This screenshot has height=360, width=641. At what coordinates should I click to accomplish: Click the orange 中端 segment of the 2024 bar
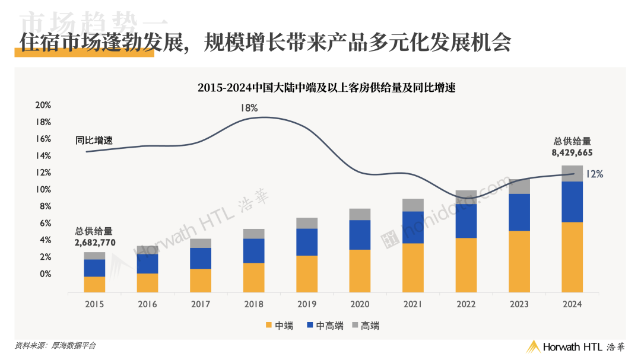point(572,257)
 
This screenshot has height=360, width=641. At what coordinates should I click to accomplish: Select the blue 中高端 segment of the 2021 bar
point(413,228)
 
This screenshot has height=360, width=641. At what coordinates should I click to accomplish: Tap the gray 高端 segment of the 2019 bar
point(307,223)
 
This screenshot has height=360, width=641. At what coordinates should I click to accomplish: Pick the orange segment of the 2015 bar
point(94,285)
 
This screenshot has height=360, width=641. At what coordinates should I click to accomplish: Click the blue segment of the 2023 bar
point(519,212)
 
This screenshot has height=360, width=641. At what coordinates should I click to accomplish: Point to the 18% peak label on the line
point(249,108)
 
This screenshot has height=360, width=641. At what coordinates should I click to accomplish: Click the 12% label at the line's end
point(594,174)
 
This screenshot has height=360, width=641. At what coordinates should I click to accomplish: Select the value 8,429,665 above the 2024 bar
point(572,153)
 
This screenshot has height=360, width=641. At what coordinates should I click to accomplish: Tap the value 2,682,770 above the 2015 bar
point(95,243)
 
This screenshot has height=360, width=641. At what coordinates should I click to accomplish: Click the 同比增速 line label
point(94,141)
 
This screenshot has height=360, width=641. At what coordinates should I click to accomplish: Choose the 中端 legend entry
point(280,326)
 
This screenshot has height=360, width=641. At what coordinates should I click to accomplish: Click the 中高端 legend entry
point(325,326)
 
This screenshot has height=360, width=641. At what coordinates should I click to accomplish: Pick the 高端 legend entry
point(366,326)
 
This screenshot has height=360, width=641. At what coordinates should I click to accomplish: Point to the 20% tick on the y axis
point(43,105)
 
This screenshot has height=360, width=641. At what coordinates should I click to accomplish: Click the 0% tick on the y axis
point(45,274)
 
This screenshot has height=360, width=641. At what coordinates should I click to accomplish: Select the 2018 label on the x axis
point(253,304)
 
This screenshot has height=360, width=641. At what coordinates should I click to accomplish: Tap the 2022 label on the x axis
point(466,304)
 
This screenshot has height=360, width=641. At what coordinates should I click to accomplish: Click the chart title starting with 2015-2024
point(326,88)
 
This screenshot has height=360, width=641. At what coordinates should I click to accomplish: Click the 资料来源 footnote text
point(55,346)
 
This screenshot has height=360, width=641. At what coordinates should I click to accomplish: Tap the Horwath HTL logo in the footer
point(576,347)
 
